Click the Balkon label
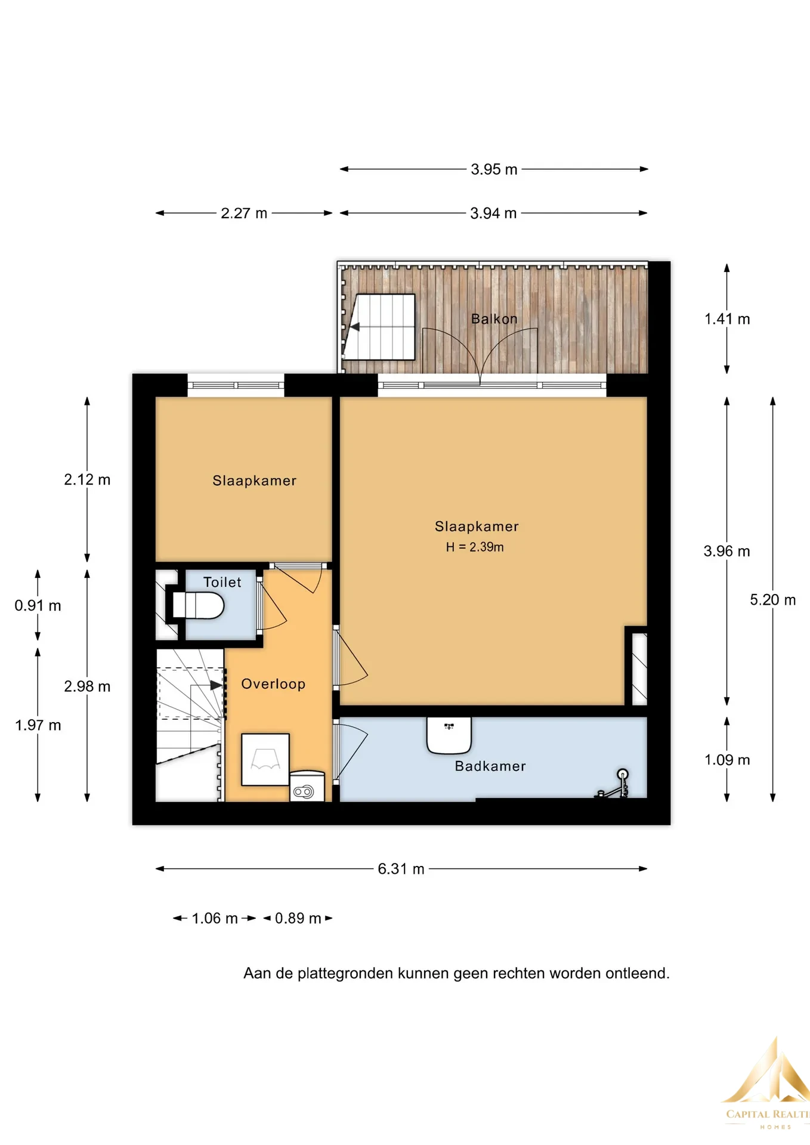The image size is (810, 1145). (494, 319)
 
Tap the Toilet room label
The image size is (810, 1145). (222, 582)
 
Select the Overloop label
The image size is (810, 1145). (273, 684)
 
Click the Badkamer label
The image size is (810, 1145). (490, 766)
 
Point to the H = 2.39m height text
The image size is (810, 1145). (475, 547)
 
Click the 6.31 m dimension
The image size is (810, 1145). (401, 869)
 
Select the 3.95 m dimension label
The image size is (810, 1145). (494, 169)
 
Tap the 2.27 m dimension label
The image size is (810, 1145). (244, 213)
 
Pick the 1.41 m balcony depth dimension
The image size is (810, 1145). (727, 319)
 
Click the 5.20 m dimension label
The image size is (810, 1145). (773, 600)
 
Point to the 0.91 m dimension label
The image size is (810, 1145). (38, 605)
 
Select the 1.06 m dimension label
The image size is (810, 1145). (215, 918)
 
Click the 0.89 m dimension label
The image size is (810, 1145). (298, 918)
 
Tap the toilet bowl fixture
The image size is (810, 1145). (199, 605)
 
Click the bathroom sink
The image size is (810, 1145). (449, 735)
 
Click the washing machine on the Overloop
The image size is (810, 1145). (307, 787)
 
